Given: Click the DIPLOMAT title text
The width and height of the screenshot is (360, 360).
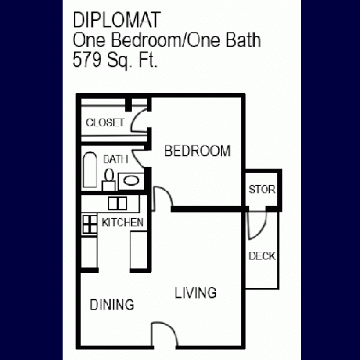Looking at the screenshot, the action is (x=117, y=20).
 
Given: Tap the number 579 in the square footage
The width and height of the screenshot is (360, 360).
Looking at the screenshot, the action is (x=87, y=60).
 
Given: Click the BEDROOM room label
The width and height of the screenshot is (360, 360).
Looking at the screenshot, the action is (x=197, y=151).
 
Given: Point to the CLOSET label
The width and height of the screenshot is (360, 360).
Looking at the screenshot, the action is (x=105, y=122).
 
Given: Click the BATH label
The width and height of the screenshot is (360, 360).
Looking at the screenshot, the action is (x=116, y=159).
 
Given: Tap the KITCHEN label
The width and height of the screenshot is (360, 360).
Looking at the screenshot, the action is (x=122, y=222).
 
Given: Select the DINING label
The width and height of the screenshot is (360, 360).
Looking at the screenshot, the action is (x=112, y=305).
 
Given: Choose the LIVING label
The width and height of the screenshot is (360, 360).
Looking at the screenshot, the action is (x=196, y=293).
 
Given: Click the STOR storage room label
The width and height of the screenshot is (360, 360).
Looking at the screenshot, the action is (x=262, y=189).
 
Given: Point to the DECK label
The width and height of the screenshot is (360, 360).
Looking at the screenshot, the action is (x=262, y=256).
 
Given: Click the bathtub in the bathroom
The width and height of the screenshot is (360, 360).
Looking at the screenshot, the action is (x=90, y=170).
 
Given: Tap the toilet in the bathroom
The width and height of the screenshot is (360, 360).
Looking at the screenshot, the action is (x=109, y=179).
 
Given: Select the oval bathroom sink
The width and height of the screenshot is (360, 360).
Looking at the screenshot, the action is (x=131, y=181).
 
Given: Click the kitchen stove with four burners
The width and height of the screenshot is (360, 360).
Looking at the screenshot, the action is (x=90, y=225).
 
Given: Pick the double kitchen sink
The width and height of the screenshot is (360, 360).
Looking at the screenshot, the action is (x=117, y=203).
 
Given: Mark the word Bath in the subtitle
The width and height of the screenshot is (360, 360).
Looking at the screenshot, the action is (x=243, y=40).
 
